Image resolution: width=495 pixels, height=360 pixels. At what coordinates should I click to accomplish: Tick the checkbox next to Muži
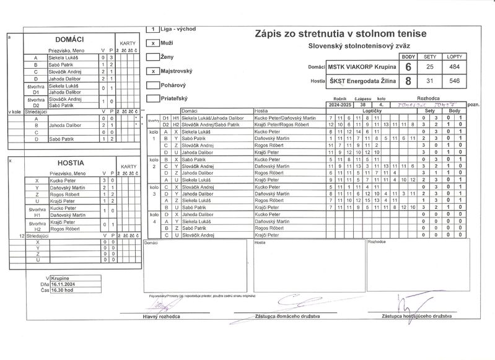coord(153,43)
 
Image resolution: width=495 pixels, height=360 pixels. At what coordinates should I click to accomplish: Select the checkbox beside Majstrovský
coord(153,71)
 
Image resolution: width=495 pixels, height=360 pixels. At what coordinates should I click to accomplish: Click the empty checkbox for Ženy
coord(153,57)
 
